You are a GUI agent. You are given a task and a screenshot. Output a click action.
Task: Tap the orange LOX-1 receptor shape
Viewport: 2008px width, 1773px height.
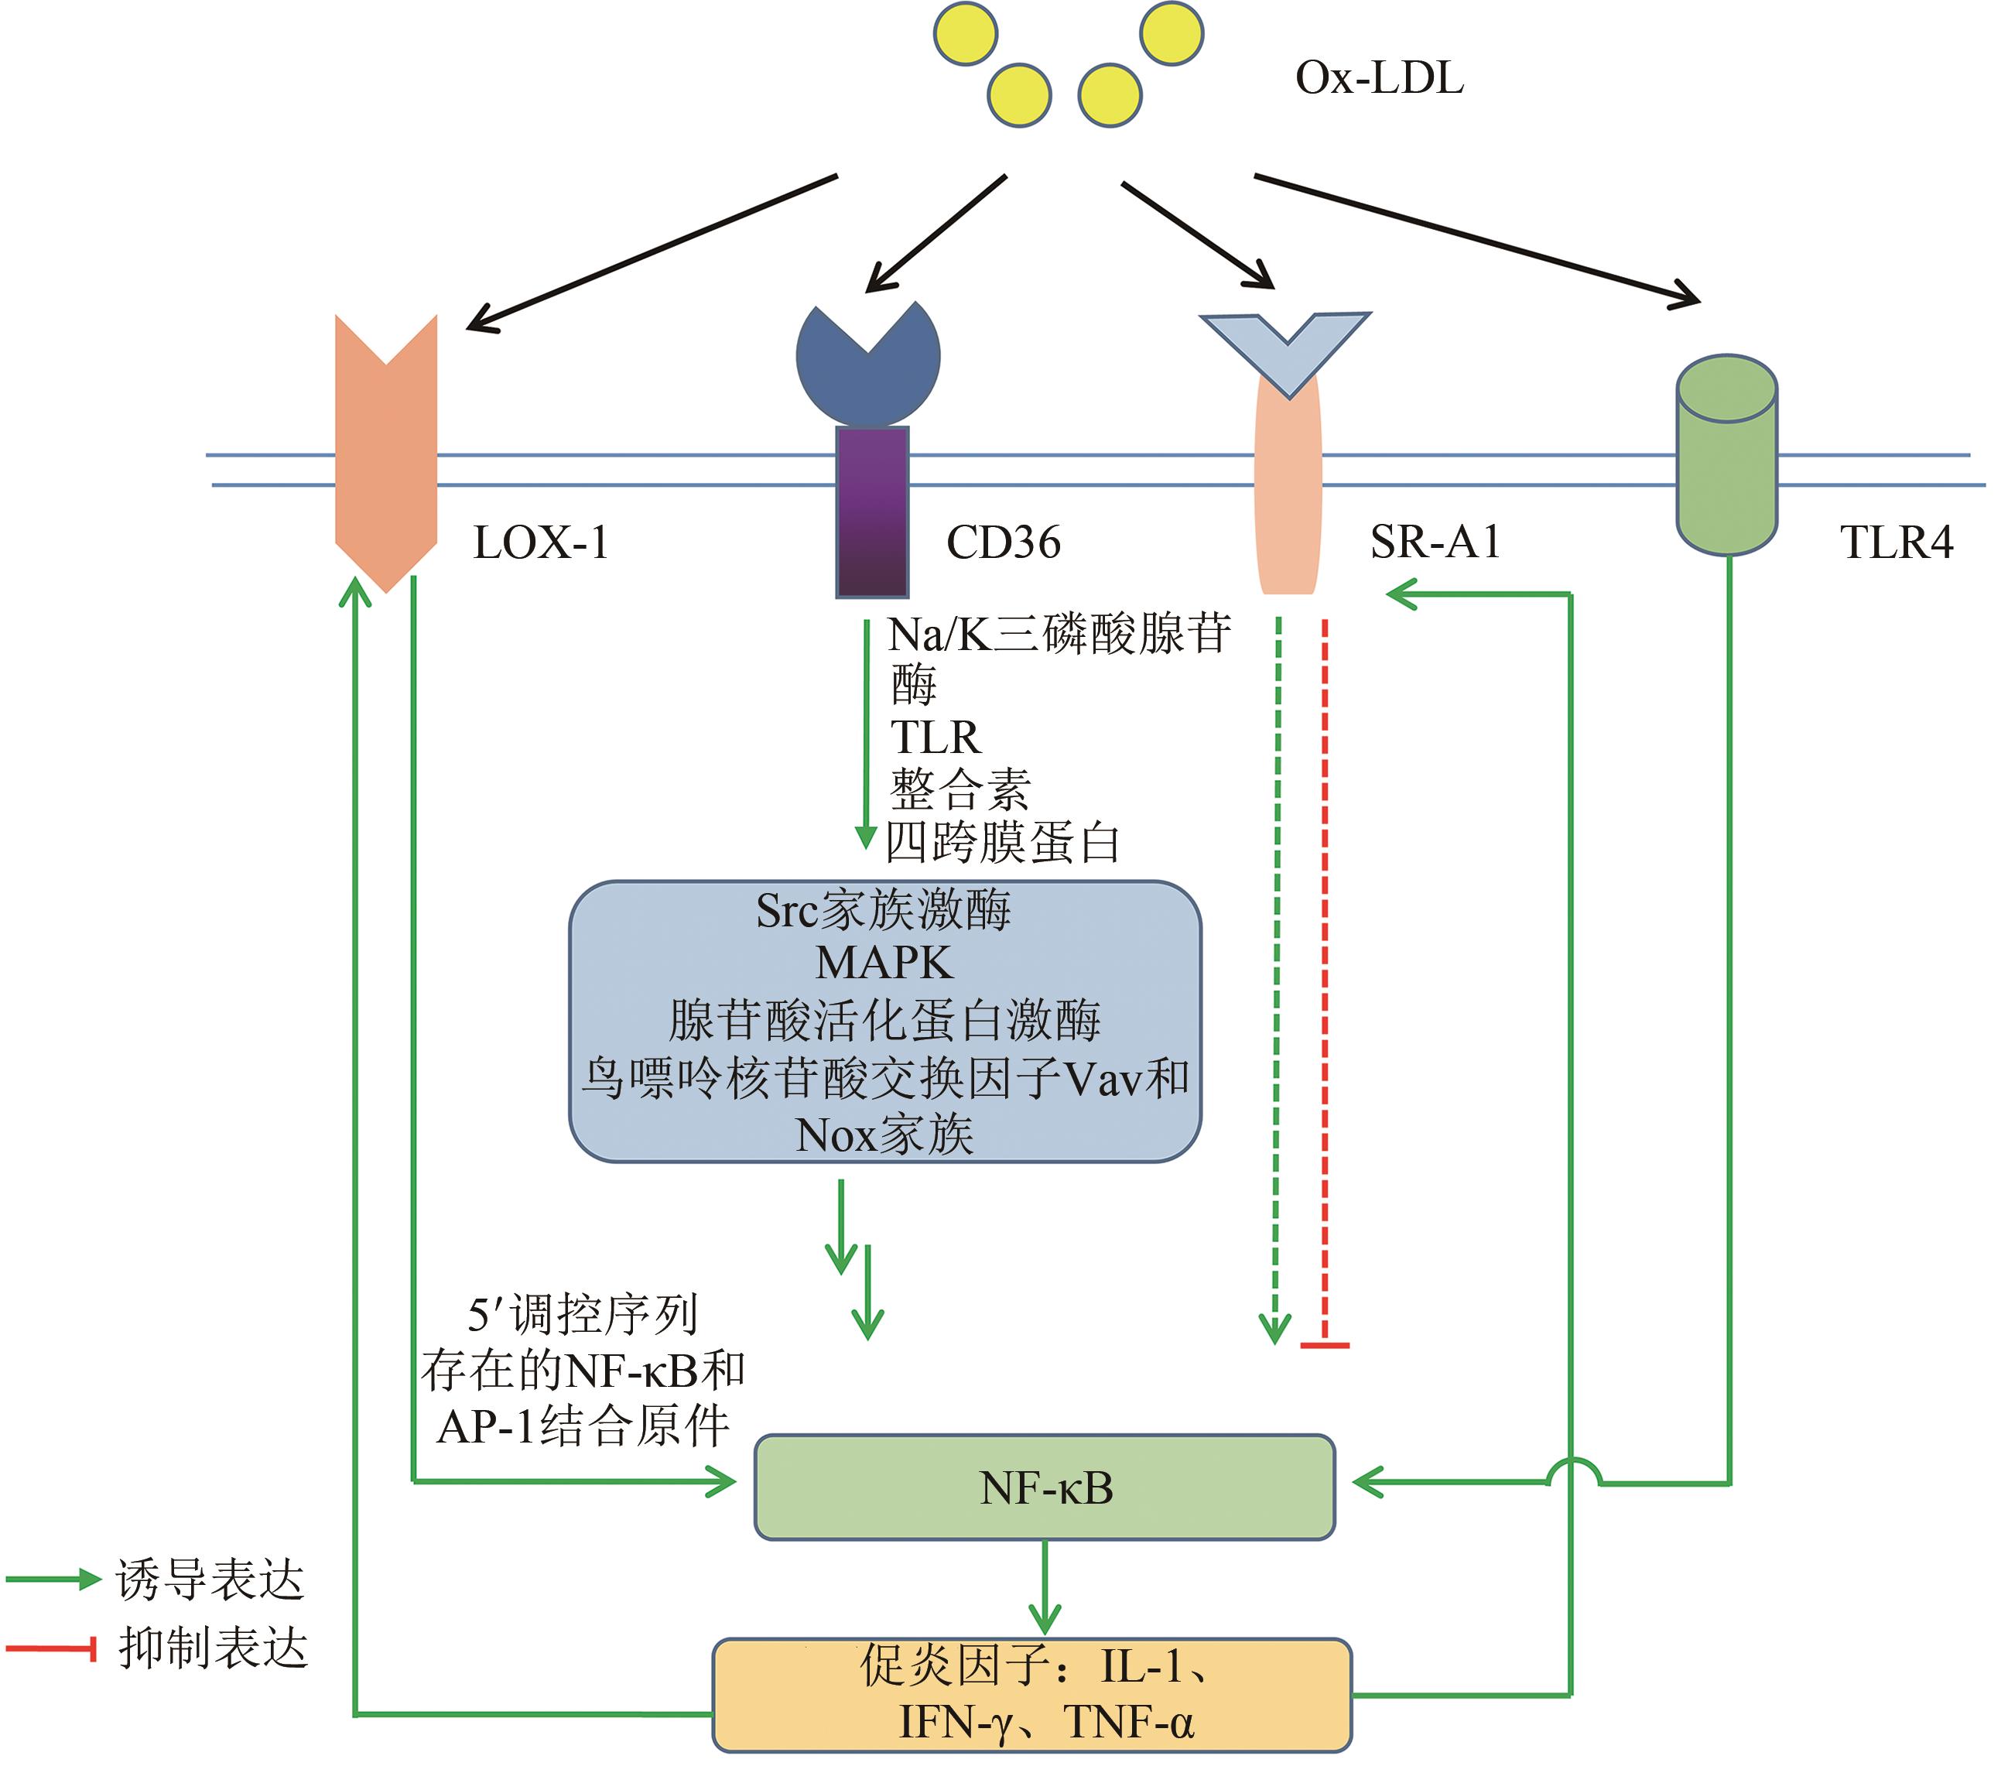(386, 462)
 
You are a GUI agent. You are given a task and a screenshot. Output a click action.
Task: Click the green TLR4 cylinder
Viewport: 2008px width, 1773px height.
(1726, 462)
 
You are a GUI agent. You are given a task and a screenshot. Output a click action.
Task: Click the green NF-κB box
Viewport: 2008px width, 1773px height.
(1045, 1488)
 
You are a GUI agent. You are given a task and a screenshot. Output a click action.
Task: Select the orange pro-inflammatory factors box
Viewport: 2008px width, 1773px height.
(1031, 1694)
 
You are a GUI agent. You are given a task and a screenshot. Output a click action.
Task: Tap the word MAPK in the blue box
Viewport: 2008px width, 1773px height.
(884, 964)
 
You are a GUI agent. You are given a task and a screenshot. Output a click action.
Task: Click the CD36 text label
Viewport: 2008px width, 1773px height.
(1003, 543)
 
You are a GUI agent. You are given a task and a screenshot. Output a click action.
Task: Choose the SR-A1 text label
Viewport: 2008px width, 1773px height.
(1435, 543)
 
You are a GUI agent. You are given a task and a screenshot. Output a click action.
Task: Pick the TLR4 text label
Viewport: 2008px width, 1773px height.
(1896, 543)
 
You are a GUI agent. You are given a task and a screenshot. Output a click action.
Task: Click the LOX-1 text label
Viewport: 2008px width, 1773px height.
(542, 543)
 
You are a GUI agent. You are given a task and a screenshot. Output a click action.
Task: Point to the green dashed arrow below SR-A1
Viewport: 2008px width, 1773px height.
(1276, 982)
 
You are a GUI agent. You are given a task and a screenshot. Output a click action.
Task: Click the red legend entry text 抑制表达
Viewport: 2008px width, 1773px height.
(213, 1648)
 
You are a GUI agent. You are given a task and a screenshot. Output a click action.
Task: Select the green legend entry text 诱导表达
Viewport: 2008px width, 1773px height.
(210, 1580)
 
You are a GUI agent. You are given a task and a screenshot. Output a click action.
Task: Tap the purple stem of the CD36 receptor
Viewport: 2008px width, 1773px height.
(871, 511)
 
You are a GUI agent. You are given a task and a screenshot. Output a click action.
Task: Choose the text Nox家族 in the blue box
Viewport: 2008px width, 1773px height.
(884, 1135)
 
